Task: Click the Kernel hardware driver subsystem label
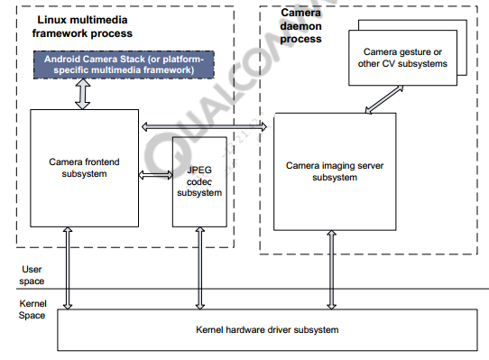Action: point(267,330)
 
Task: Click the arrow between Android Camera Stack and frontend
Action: point(82,95)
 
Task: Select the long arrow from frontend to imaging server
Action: point(207,125)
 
